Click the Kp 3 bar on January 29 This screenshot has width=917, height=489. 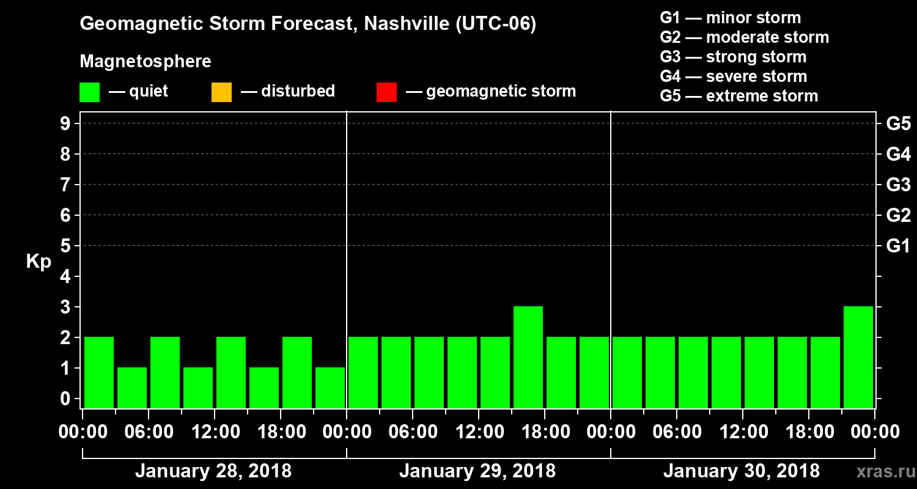tap(528, 357)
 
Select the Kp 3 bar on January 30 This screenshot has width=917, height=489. tap(858, 357)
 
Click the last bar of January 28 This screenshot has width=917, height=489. tap(330, 388)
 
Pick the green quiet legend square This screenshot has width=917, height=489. tap(89, 92)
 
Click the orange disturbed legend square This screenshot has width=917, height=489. tap(221, 92)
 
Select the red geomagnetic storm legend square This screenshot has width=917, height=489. tap(386, 92)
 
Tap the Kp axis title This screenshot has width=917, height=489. tap(39, 262)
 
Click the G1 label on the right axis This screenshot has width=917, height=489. tap(898, 246)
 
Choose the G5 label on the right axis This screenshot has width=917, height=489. tap(898, 124)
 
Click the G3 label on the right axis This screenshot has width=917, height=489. tap(898, 185)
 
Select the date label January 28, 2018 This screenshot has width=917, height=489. tap(213, 471)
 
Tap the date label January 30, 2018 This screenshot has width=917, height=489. tap(741, 471)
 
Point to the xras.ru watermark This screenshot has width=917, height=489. tap(880, 472)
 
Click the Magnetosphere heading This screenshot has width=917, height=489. tap(145, 62)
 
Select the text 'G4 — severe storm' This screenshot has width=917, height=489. tap(733, 76)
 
